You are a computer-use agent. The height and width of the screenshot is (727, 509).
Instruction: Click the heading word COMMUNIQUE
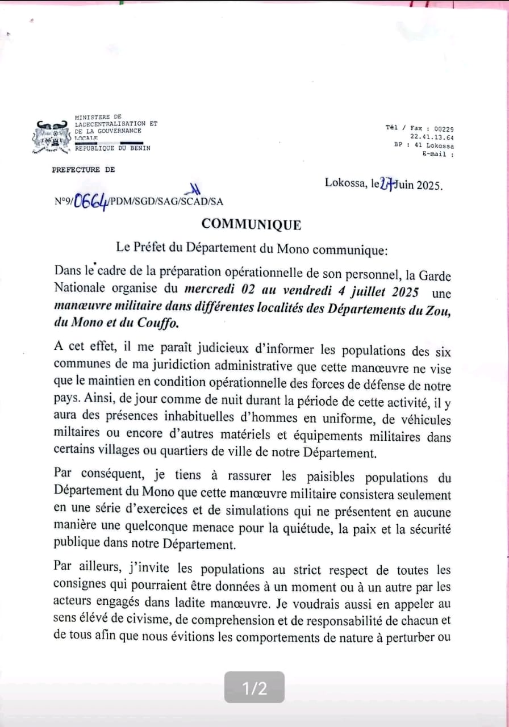pos(251,224)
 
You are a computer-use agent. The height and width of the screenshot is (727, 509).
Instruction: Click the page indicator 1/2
pos(254,688)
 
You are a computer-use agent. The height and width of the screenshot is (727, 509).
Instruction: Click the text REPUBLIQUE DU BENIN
pos(112,148)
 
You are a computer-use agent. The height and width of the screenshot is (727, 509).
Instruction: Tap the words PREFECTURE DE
pos(83,170)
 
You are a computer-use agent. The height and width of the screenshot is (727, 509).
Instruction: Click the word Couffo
pos(161,324)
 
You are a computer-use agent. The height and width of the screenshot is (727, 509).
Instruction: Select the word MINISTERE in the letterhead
pos(94,116)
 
